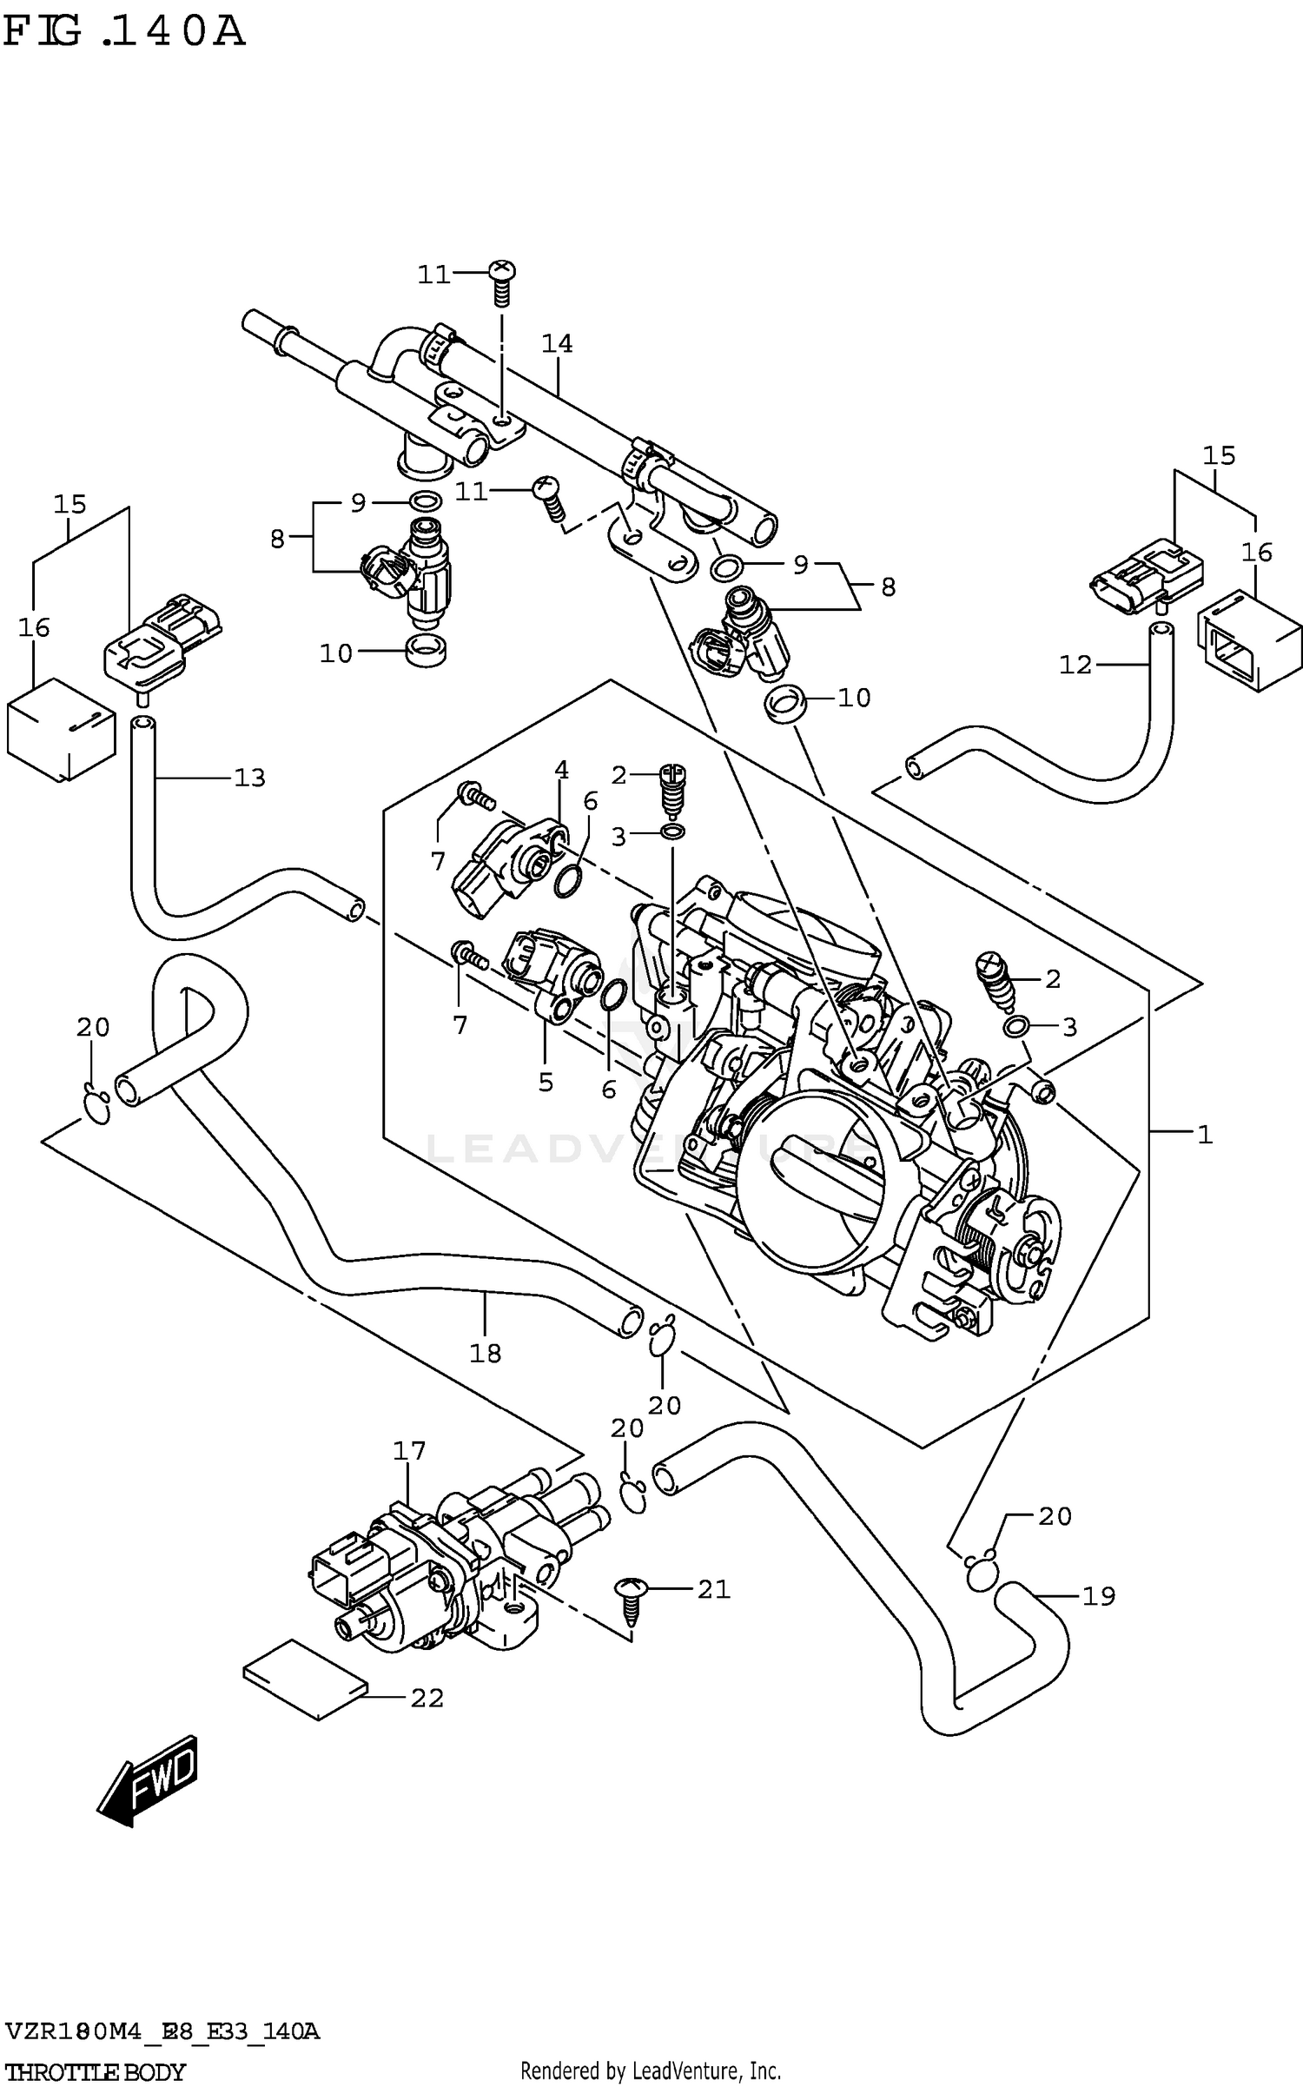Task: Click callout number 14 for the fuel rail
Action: [557, 344]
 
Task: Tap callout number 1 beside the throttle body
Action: [1204, 1134]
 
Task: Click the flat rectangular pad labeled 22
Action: [305, 1680]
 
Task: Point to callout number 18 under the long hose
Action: [485, 1353]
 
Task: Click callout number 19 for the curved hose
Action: [1098, 1596]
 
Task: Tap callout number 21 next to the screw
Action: [713, 1589]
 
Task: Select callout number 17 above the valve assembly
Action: [409, 1451]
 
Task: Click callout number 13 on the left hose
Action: [249, 778]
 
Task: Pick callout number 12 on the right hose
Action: [1075, 665]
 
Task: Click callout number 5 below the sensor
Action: [546, 1082]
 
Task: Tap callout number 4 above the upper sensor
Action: [561, 770]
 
